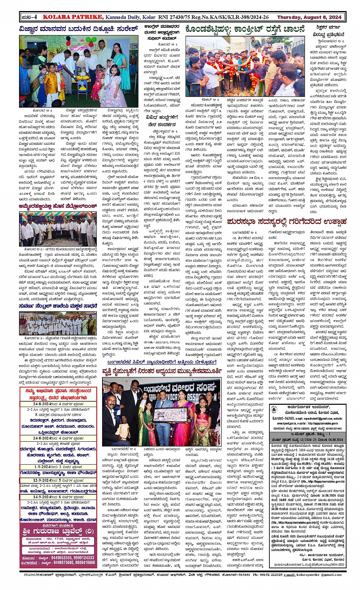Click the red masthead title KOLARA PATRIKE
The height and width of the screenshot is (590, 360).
coord(73,17)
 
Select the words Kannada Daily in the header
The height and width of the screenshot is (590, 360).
coord(123,17)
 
